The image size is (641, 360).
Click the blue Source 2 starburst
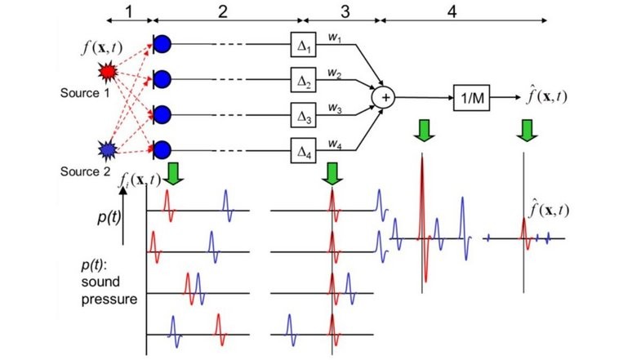coord(107,149)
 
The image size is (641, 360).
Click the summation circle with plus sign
coord(384,97)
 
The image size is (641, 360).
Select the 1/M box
coord(470,97)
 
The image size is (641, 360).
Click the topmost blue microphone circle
coord(162,43)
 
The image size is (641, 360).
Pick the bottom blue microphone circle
coord(162,149)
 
